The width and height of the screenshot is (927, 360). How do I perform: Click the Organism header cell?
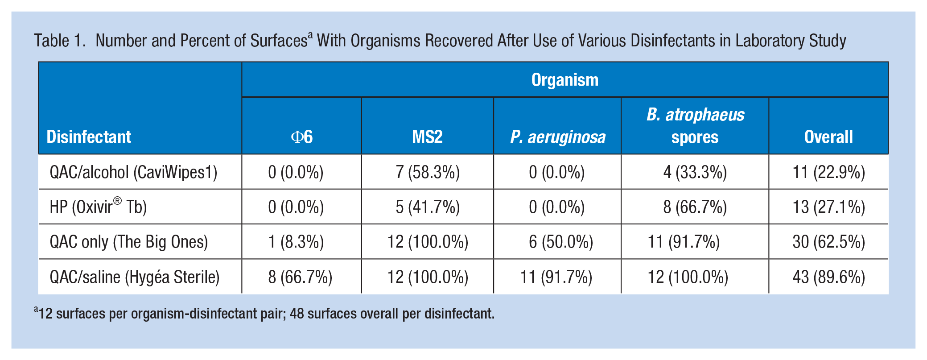564,80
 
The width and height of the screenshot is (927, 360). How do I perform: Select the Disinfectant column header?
89,137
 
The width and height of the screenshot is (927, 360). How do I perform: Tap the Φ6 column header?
302,137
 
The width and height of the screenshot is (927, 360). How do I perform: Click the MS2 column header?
427,137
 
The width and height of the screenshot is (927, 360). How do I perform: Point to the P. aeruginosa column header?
558,137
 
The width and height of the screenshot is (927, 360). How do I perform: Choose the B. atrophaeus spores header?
695,126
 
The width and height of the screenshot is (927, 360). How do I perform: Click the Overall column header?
828,137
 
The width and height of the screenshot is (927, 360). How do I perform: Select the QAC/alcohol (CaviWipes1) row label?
133,172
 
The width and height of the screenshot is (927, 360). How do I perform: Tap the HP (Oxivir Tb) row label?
98,207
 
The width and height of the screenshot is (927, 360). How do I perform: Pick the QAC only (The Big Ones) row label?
129,242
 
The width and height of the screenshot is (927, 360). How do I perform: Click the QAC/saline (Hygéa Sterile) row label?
135,277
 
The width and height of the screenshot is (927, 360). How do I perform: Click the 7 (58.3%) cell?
428,172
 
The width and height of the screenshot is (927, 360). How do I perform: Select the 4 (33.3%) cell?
695,172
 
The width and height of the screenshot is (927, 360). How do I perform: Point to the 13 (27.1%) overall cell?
829,207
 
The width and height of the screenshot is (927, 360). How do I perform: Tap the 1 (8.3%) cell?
296,242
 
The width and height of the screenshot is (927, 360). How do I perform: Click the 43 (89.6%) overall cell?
829,277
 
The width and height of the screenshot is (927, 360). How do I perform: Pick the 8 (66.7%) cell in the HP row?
695,207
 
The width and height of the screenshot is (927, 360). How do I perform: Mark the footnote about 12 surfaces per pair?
264,313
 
